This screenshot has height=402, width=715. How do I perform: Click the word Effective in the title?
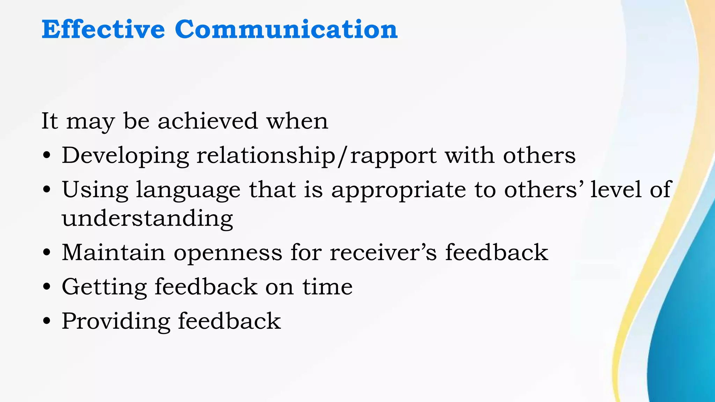[103, 29]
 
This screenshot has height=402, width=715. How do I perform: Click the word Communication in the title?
[286, 29]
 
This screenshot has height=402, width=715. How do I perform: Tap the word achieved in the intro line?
[208, 121]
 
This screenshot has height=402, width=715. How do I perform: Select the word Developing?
[125, 156]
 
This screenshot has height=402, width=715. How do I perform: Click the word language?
[188, 191]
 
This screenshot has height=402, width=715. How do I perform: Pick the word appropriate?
[398, 190]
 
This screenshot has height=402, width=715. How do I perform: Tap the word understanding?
[147, 218]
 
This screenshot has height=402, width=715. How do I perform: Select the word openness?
[228, 253]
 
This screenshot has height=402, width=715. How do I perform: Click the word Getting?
[104, 287]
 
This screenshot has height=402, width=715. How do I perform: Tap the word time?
[327, 287]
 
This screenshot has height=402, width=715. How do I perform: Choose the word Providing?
[116, 321]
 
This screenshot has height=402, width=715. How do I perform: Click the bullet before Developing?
[47, 155]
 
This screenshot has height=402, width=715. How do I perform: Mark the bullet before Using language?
[47, 190]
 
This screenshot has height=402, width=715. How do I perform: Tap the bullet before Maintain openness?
[47, 252]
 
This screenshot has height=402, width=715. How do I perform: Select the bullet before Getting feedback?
[47, 287]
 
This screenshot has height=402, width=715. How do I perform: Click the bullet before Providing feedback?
[47, 321]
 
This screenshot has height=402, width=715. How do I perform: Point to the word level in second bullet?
[616, 190]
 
